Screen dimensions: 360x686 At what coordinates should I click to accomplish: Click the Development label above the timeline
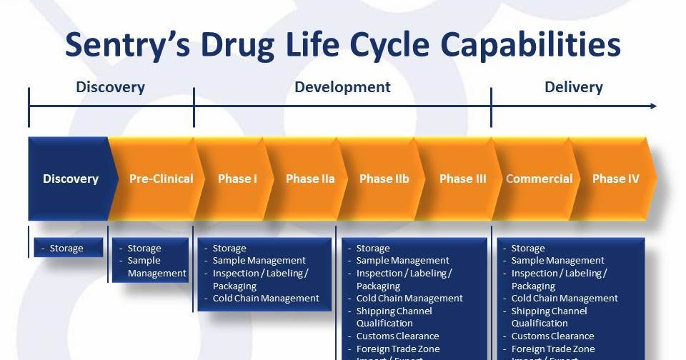342,87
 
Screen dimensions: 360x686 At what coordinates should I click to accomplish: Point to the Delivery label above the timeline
573,87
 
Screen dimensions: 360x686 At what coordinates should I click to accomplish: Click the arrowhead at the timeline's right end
652,106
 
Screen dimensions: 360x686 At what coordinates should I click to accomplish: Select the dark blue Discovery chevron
70,179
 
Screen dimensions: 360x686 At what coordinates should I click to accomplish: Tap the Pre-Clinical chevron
161,179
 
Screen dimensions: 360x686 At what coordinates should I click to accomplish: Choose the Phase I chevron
237,179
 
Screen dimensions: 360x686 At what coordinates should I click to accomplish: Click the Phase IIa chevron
310,179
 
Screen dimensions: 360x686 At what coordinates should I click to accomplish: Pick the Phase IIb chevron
384,179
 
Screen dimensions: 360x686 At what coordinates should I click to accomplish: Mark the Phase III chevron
462,179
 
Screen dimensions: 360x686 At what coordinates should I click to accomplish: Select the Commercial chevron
539,179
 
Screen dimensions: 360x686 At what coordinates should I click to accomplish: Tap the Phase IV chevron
615,179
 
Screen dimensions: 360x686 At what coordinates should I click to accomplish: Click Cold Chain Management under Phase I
266,299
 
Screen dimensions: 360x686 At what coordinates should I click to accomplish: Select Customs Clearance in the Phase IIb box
397,336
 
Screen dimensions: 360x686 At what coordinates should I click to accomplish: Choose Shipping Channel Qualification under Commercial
549,317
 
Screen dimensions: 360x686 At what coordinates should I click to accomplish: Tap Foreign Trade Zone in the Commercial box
552,349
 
